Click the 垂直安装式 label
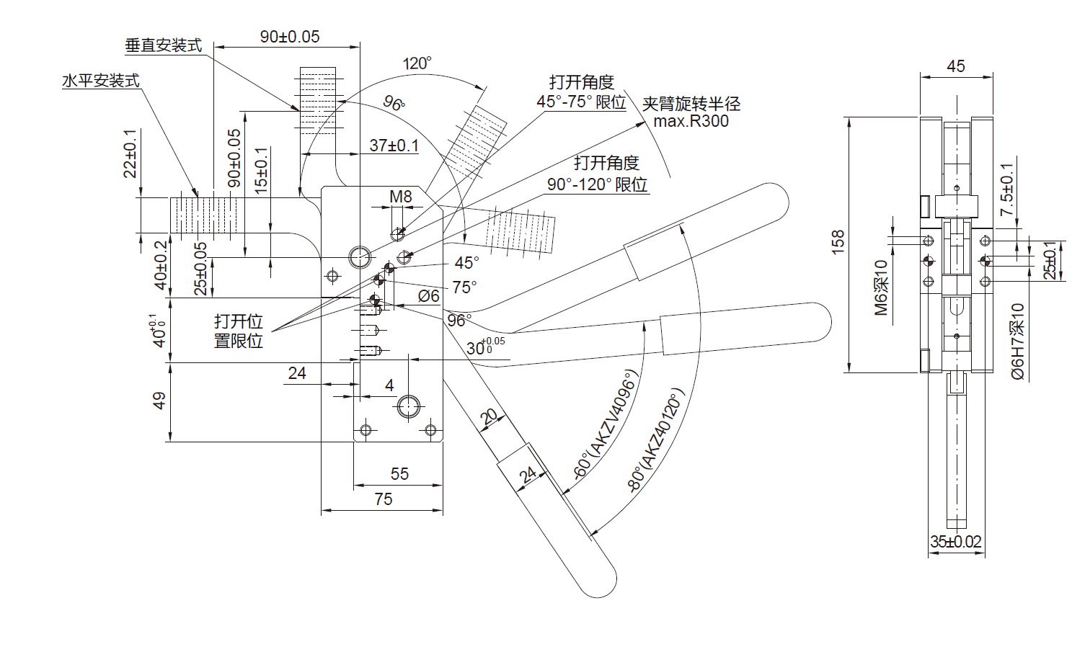163,45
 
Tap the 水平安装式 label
101,81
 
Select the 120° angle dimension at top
417,63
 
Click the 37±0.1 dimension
394,146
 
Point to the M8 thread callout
401,197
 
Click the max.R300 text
691,121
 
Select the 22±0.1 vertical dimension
130,153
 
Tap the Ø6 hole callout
428,296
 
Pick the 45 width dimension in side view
955,66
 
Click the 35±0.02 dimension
956,542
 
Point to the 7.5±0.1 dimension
1007,189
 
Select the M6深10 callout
881,287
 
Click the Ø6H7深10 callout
1017,341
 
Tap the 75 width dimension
384,499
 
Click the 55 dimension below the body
399,474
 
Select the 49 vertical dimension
159,401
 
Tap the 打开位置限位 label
239,331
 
